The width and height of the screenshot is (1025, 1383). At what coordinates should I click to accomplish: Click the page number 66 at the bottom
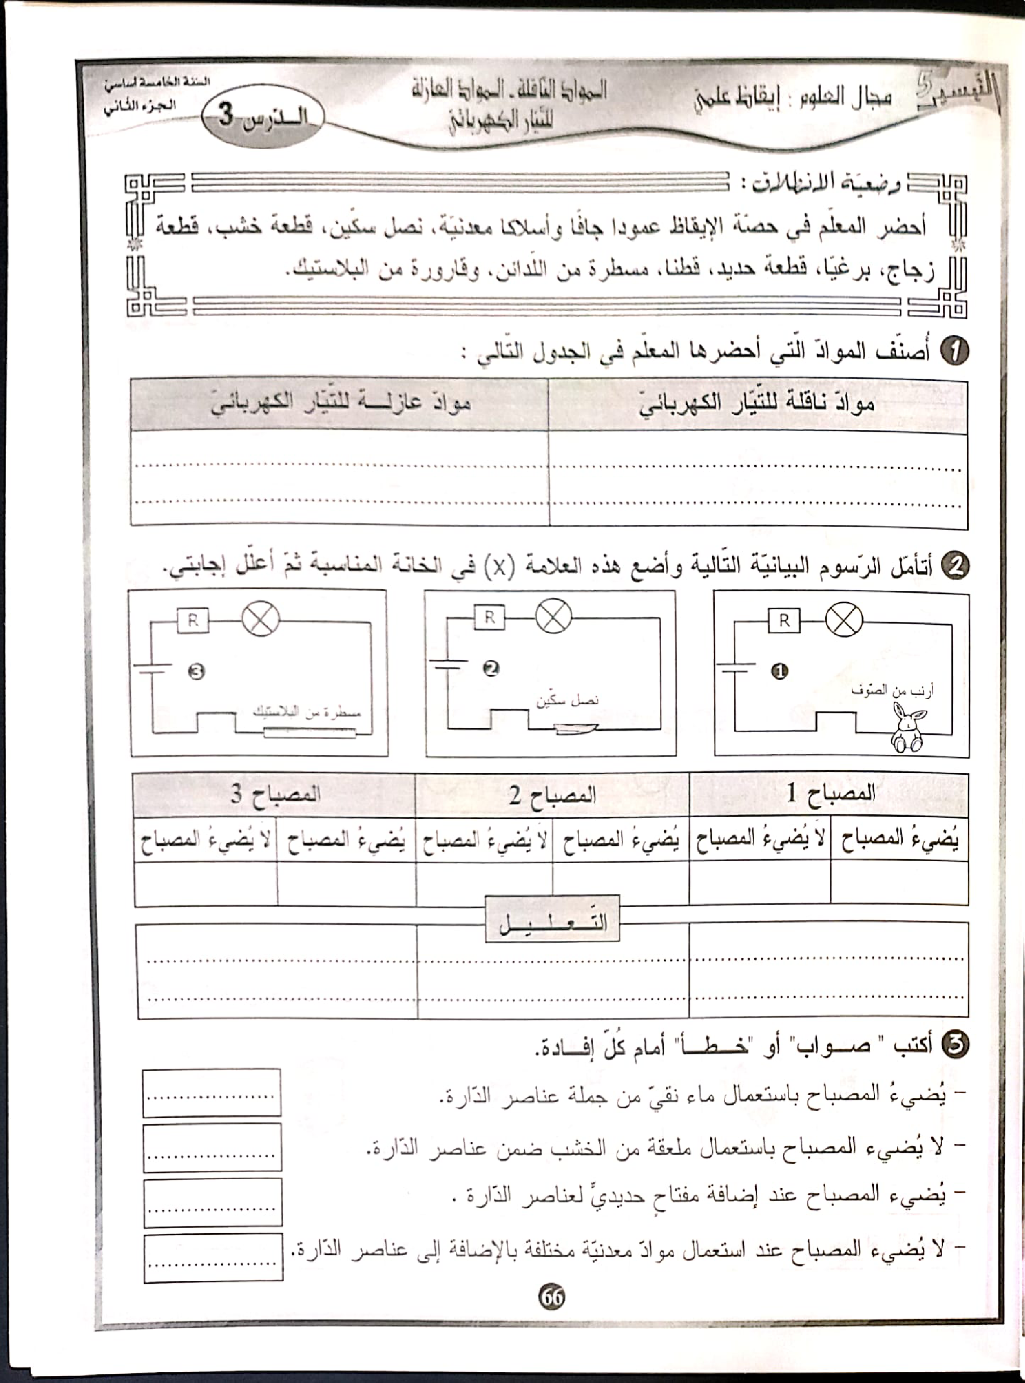tap(552, 1296)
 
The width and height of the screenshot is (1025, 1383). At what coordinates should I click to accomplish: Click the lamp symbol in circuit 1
tap(844, 620)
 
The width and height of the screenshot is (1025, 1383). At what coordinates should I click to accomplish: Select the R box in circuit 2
tap(490, 617)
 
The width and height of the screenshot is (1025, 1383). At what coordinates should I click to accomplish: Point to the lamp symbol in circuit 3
tap(261, 619)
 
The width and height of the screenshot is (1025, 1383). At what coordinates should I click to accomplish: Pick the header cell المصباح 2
tap(552, 795)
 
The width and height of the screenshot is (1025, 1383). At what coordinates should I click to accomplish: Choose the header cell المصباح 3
tap(275, 795)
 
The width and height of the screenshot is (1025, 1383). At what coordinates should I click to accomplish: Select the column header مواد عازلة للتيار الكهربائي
tap(340, 405)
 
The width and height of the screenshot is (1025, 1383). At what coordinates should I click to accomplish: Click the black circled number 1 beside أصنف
tap(955, 351)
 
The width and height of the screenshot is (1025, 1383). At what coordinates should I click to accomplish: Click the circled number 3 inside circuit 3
tap(197, 672)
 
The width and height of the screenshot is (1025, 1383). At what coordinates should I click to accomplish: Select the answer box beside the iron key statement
tap(212, 1203)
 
